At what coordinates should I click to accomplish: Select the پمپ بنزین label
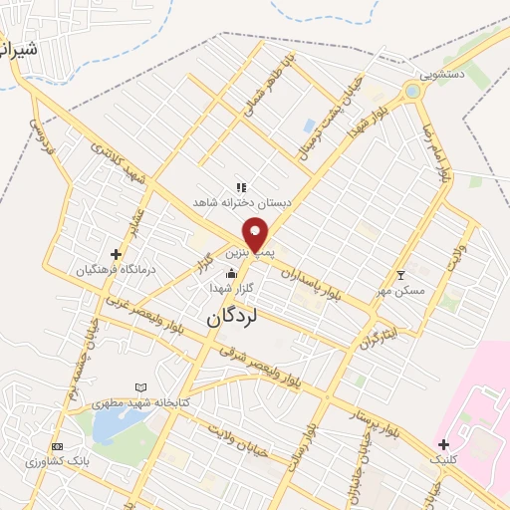(x=248, y=254)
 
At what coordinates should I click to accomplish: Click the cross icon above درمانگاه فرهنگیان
(x=117, y=254)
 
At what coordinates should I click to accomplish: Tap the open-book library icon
(x=140, y=387)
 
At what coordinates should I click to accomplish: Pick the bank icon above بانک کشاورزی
(x=57, y=446)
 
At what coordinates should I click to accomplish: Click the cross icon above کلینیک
(x=443, y=444)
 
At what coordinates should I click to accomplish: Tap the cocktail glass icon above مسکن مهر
(x=401, y=275)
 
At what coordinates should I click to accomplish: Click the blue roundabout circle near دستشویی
(x=412, y=92)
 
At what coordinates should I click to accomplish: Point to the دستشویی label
(x=441, y=74)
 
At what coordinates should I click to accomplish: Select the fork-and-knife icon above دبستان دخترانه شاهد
(x=240, y=186)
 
